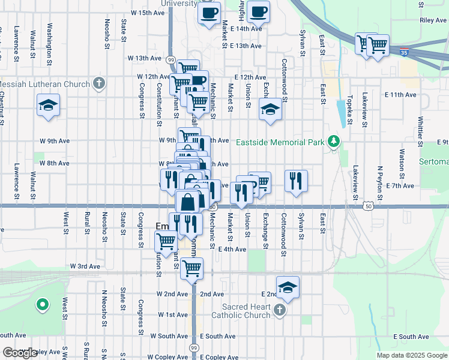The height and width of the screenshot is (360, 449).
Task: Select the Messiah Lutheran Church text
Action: click(45, 84)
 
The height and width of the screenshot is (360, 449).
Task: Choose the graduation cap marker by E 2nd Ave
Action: click(288, 287)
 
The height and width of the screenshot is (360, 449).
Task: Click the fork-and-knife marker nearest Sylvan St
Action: click(296, 180)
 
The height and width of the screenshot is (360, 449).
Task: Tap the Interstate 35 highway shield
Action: click(405, 52)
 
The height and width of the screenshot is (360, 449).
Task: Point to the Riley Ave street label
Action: click(433, 20)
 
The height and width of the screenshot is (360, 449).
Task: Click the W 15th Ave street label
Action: click(146, 13)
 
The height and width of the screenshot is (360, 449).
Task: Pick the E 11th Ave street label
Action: click(402, 95)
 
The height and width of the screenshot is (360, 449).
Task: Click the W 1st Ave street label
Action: click(173, 314)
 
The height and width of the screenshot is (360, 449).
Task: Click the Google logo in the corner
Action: click(20, 353)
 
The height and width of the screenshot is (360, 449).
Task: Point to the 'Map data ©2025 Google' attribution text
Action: click(412, 355)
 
